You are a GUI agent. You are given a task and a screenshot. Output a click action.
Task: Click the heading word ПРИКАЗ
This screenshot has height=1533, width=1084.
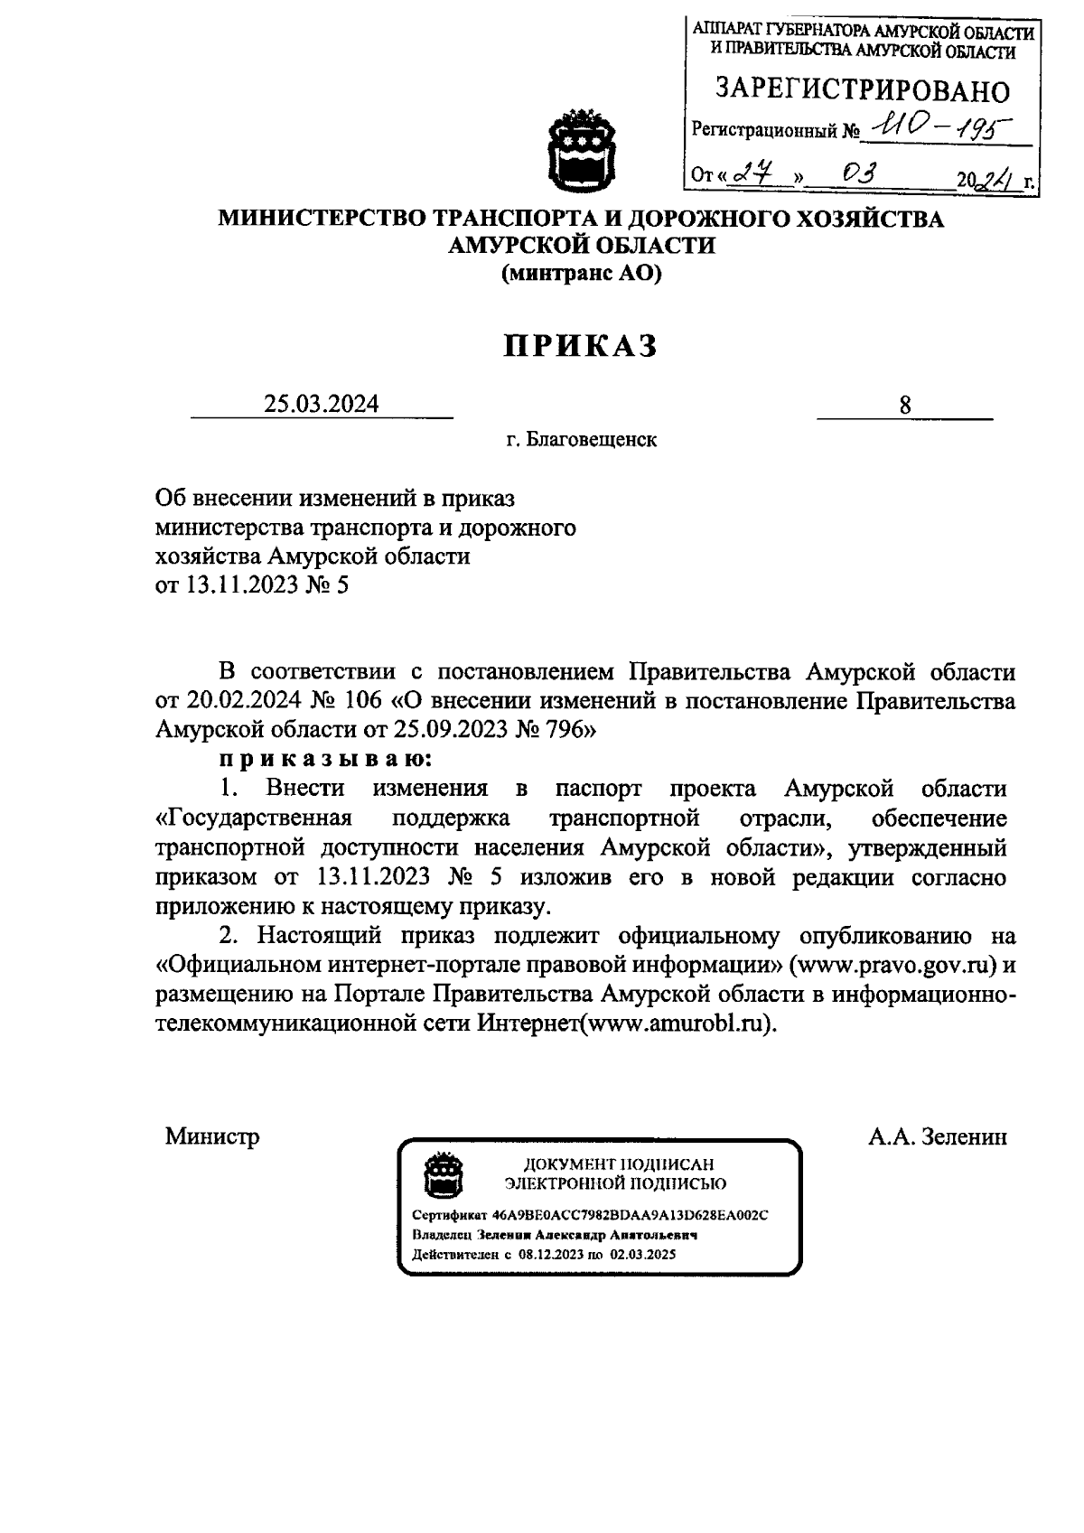[x=581, y=346]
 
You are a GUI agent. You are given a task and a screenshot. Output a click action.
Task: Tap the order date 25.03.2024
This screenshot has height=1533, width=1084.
[x=321, y=404]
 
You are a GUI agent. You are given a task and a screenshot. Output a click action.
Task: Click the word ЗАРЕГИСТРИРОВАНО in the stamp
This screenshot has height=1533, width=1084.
[x=863, y=90]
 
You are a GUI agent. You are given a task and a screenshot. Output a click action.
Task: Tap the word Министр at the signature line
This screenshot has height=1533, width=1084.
[x=211, y=1136]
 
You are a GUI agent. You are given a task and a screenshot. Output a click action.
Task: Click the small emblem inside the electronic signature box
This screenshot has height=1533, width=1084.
[x=444, y=1174]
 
